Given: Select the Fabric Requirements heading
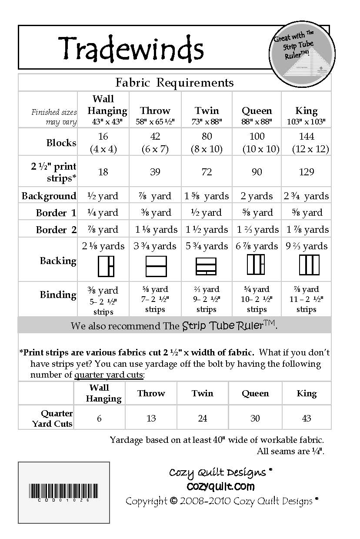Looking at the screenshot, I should (x=174, y=82).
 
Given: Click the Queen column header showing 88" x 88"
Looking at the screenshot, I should (x=257, y=115).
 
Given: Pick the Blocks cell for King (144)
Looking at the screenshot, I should (x=307, y=142).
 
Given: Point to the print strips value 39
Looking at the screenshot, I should (x=155, y=172).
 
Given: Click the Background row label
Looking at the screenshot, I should (x=49, y=196).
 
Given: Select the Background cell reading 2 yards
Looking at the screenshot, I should (x=257, y=196).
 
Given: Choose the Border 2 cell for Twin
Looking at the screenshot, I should (x=207, y=229).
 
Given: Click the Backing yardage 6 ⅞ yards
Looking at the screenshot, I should (x=257, y=246).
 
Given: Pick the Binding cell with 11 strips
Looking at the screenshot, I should (x=307, y=299).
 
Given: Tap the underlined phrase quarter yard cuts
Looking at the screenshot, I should (x=109, y=375).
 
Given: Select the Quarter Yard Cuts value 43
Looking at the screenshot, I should (x=307, y=418).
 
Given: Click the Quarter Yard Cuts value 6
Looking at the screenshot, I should (x=100, y=418).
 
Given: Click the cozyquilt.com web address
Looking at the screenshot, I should (x=220, y=486).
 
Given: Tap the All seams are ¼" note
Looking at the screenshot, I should (x=290, y=451).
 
